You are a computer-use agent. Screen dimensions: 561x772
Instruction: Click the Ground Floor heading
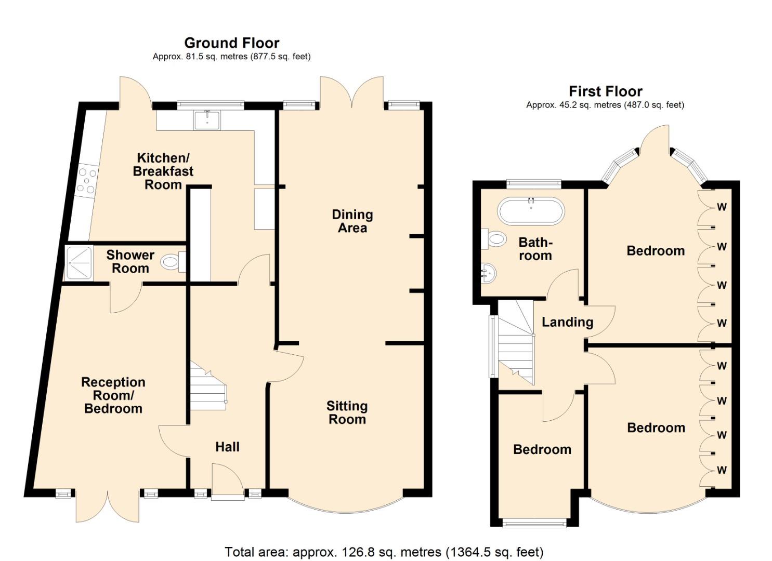pyautogui.click(x=231, y=43)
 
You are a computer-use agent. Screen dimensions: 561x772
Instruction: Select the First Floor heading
pyautogui.click(x=605, y=91)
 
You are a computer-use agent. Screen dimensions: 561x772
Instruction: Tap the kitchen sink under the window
pyautogui.click(x=207, y=120)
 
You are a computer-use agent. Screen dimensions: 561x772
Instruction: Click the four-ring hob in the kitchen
pyautogui.click(x=86, y=180)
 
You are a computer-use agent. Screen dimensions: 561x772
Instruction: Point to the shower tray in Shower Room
pyautogui.click(x=78, y=263)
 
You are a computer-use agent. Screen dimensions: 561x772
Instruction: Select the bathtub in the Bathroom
pyautogui.click(x=531, y=210)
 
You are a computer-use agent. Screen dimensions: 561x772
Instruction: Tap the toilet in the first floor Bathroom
pyautogui.click(x=495, y=239)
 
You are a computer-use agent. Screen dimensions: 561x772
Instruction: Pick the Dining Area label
pyautogui.click(x=352, y=221)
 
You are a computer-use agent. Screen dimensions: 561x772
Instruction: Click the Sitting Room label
pyautogui.click(x=347, y=412)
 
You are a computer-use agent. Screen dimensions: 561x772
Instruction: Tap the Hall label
pyautogui.click(x=227, y=447)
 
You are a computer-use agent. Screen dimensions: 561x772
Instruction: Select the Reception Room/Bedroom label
pyautogui.click(x=113, y=395)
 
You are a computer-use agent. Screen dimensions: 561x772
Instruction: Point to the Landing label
pyautogui.click(x=567, y=322)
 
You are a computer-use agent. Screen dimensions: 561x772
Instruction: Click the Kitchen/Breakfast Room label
pyautogui.click(x=163, y=171)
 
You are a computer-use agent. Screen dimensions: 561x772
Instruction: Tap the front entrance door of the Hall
pyautogui.click(x=228, y=483)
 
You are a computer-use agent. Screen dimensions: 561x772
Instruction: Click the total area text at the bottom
pyautogui.click(x=384, y=552)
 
